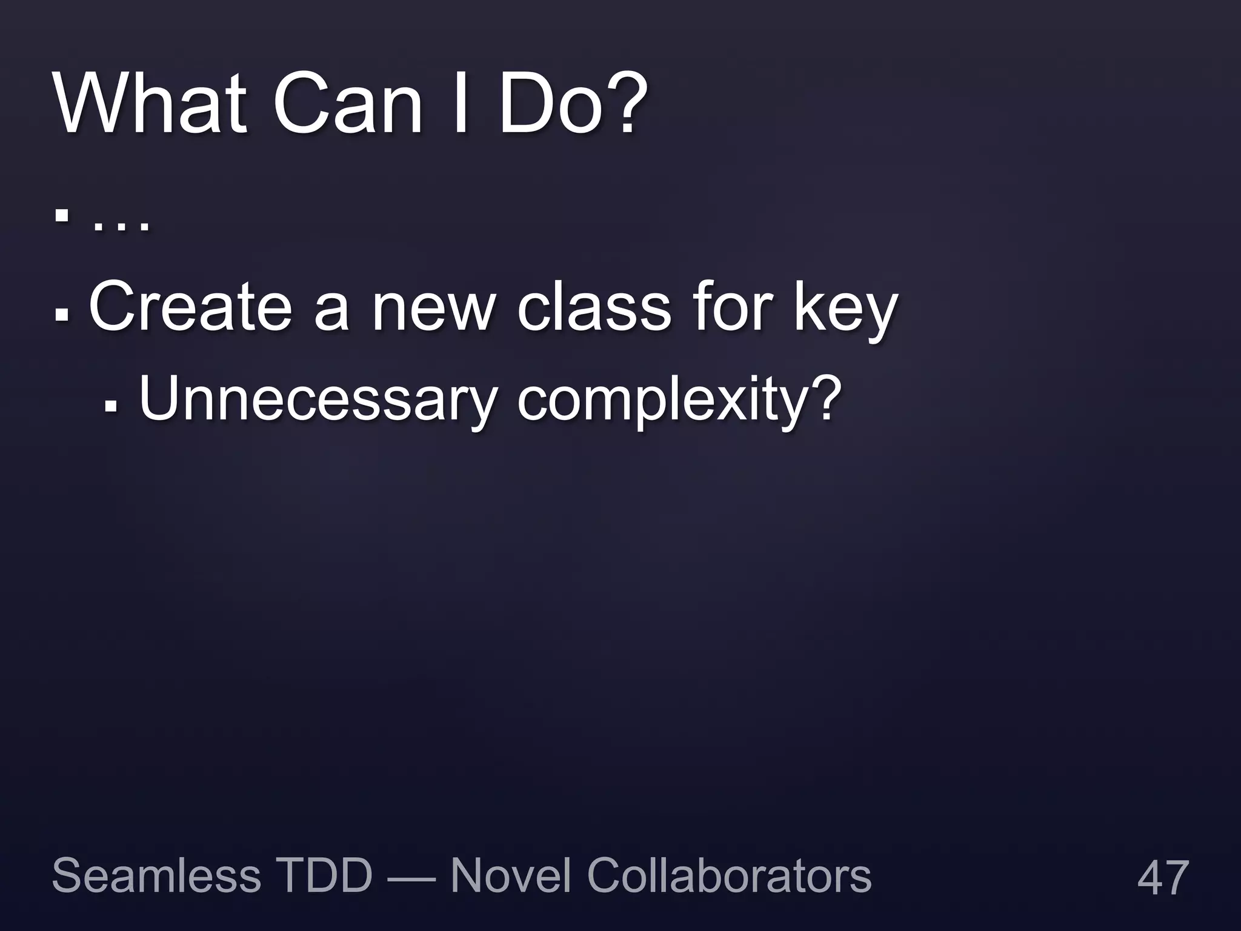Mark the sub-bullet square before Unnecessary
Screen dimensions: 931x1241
point(110,407)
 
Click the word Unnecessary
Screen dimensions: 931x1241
point(317,400)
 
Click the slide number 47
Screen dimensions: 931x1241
point(1163,878)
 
